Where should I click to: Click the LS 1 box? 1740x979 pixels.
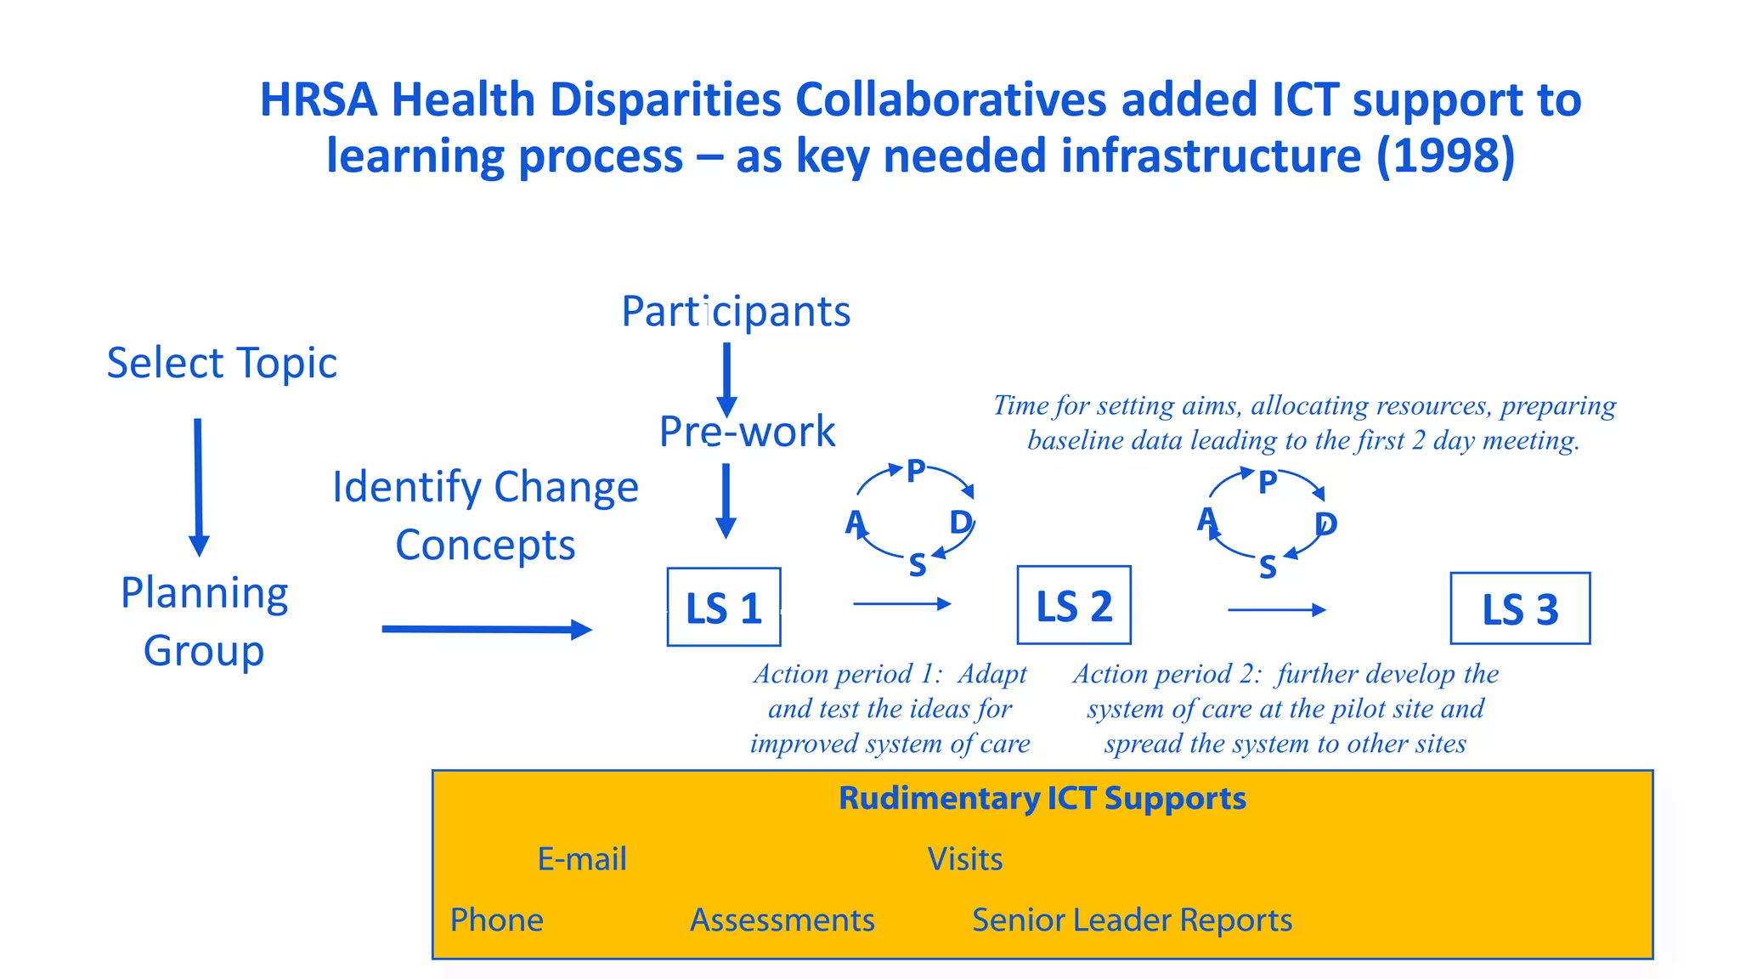click(x=723, y=607)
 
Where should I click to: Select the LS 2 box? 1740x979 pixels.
click(x=1073, y=605)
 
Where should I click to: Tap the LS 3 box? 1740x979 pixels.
click(x=1519, y=608)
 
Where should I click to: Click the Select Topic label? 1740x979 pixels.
click(x=222, y=364)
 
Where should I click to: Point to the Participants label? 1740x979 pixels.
click(x=736, y=311)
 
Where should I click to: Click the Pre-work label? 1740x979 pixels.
click(x=747, y=432)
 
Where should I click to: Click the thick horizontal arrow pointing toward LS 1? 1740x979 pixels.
click(x=486, y=629)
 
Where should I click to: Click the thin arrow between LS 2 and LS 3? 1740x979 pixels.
click(x=1276, y=609)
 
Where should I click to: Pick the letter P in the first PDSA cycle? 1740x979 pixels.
click(x=916, y=471)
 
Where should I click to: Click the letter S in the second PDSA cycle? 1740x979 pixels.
click(x=1267, y=567)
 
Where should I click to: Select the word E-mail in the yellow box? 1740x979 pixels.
click(x=582, y=859)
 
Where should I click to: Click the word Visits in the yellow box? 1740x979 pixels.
click(x=964, y=859)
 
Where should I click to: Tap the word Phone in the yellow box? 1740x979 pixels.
click(x=496, y=920)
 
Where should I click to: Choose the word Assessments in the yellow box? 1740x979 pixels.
click(x=782, y=920)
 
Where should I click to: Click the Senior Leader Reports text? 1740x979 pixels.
click(x=1132, y=920)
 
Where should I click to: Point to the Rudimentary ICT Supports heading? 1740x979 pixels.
click(x=1042, y=798)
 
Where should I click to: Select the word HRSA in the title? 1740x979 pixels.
click(x=318, y=100)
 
